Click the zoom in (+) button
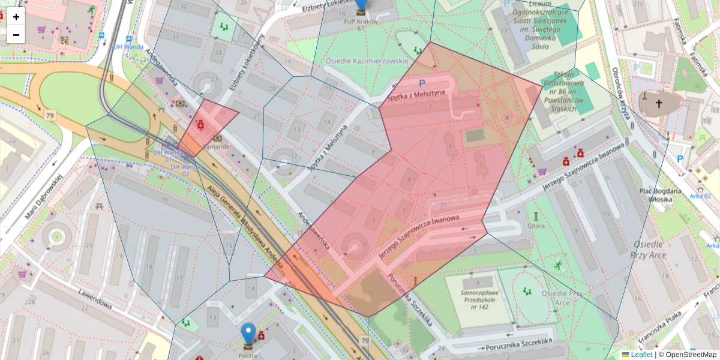(x=16, y=17)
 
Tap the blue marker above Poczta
(x=248, y=334)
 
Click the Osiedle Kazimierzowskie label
(x=367, y=61)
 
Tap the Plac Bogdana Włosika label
(x=660, y=195)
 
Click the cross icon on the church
(x=659, y=104)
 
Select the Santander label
(x=218, y=146)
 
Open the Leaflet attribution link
(x=641, y=355)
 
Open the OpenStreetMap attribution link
(x=690, y=355)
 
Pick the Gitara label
(x=536, y=226)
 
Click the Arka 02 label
(x=700, y=196)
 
